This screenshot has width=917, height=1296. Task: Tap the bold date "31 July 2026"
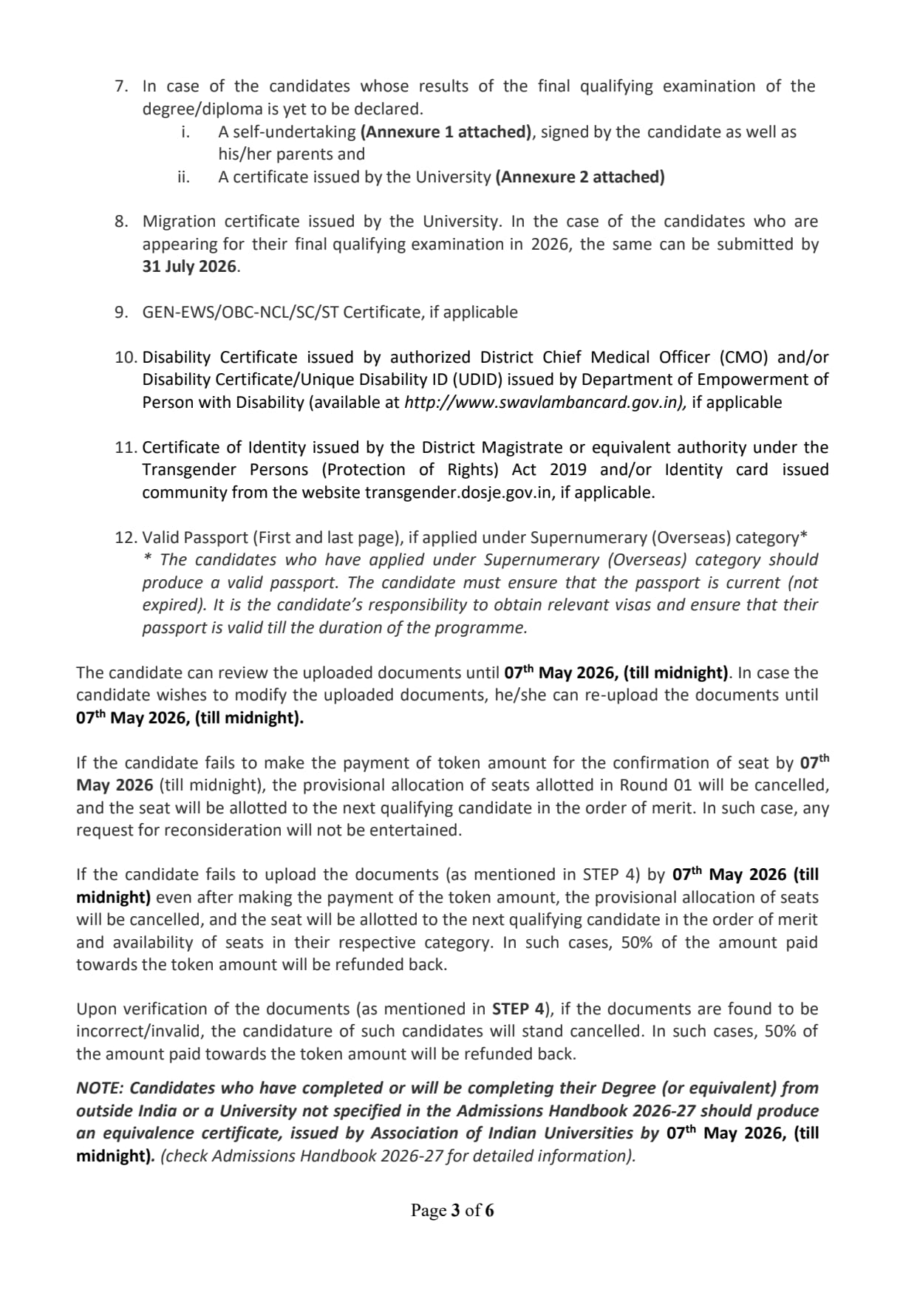tap(190, 267)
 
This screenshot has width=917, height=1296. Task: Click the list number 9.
tap(121, 313)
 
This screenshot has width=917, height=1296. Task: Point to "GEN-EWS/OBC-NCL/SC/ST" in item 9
tap(240, 313)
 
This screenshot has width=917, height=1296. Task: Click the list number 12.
tap(126, 538)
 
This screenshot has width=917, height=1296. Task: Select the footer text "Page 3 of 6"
tap(452, 1210)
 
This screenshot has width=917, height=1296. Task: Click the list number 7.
tap(121, 86)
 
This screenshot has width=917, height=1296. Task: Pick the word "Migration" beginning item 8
tap(180, 222)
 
